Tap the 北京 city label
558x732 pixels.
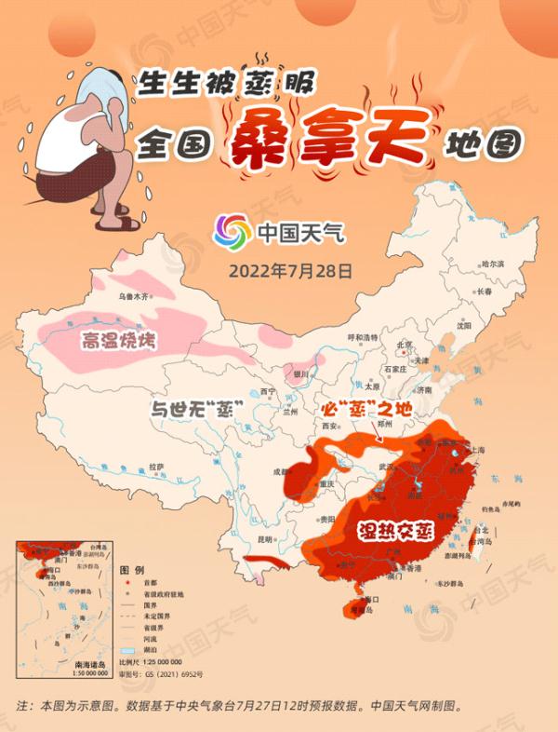point(405,344)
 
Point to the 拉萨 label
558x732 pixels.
point(155,466)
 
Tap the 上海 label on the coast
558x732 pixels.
point(478,449)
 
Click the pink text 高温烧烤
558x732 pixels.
point(118,341)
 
